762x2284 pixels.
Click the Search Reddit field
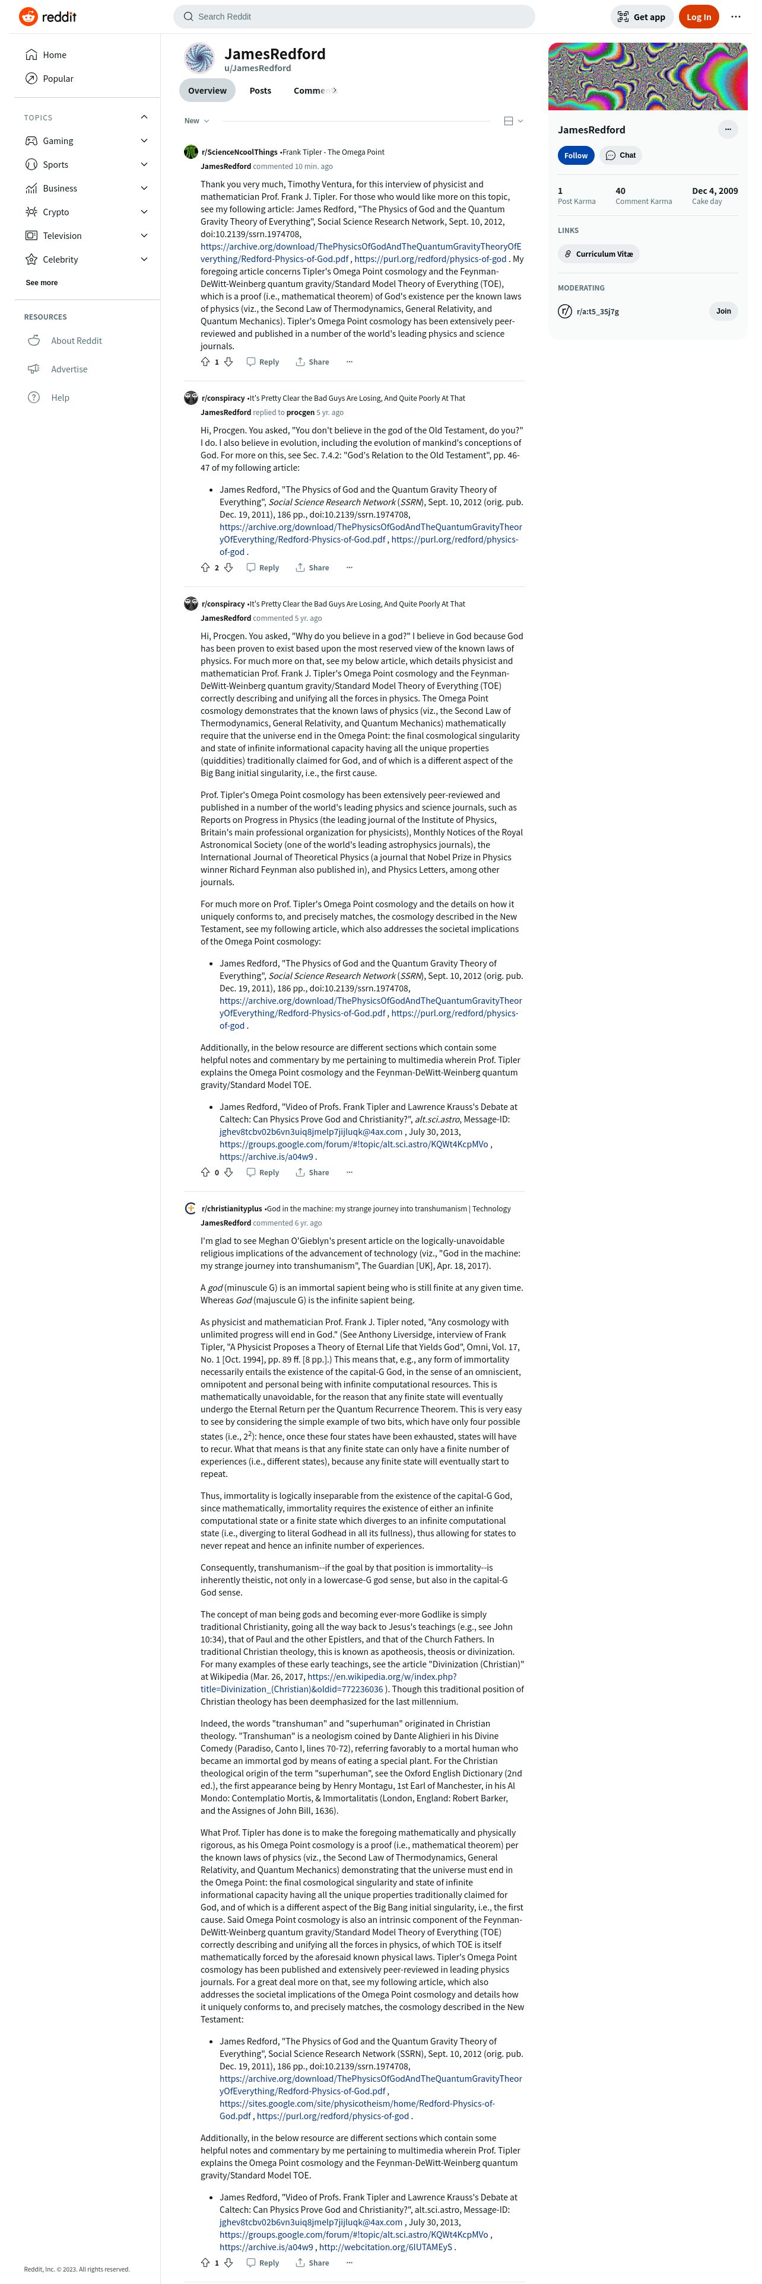355,17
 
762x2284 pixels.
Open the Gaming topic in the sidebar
59,141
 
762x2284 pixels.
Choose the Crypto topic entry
56,212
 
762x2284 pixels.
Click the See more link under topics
42,283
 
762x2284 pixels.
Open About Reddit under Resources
77,340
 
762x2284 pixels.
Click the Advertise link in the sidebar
69,369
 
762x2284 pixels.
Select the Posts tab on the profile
260,91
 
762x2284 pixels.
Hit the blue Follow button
576,155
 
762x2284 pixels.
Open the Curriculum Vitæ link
599,254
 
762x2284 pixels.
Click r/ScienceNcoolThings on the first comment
240,152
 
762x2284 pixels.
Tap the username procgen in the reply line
301,412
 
